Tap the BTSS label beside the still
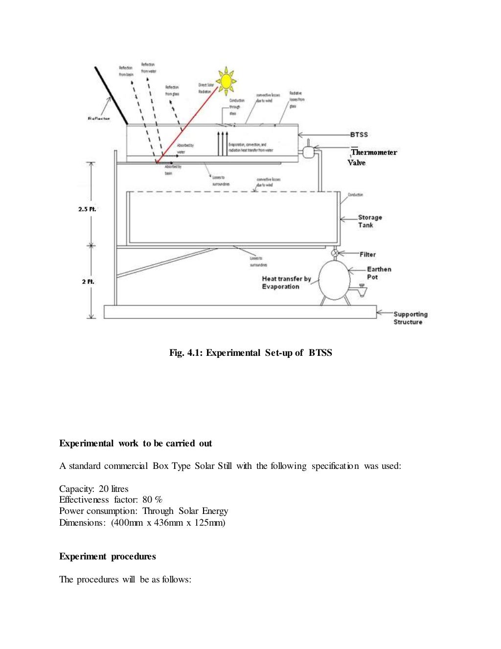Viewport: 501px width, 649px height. pyautogui.click(x=359, y=135)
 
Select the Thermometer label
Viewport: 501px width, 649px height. pyautogui.click(x=374, y=152)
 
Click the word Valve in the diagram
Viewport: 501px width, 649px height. pyautogui.click(x=357, y=162)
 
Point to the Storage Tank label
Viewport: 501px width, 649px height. pyautogui.click(x=369, y=221)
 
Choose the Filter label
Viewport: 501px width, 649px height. pyautogui.click(x=367, y=255)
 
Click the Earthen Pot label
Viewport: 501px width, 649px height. pyautogui.click(x=379, y=273)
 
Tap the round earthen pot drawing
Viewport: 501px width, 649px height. pyautogui.click(x=334, y=280)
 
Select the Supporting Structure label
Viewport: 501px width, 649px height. pyautogui.click(x=410, y=318)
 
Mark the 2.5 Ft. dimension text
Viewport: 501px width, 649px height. pyautogui.click(x=87, y=209)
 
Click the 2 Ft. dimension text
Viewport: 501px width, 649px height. pyautogui.click(x=88, y=281)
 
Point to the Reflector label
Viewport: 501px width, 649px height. pyautogui.click(x=99, y=118)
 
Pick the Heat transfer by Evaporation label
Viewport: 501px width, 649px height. pyautogui.click(x=286, y=282)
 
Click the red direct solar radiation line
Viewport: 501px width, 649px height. pyautogui.click(x=186, y=125)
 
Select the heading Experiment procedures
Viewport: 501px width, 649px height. pyautogui.click(x=108, y=556)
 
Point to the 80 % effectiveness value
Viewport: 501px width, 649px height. pyautogui.click(x=152, y=500)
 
